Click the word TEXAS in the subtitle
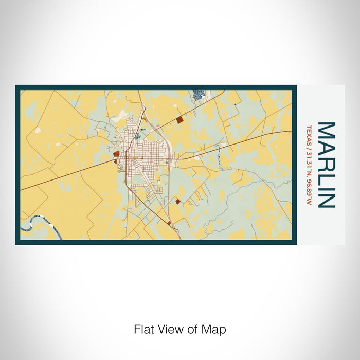point(309,134)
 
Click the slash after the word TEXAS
point(309,146)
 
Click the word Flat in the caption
point(143,329)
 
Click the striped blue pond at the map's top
point(198,95)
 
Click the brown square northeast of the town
point(179,120)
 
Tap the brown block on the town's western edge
point(116,153)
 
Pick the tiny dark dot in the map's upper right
point(235,104)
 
